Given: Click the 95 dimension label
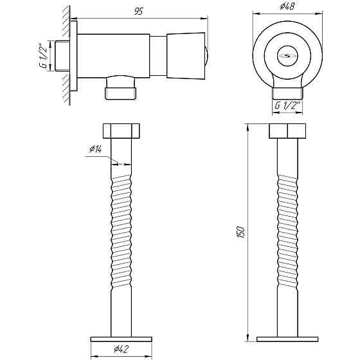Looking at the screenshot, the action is (x=139, y=12).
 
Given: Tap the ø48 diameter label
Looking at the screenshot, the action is (x=287, y=6).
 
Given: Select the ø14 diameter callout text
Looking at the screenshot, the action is (x=96, y=149).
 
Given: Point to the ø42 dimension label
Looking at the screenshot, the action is (x=122, y=349).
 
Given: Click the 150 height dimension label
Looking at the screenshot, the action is (x=241, y=232).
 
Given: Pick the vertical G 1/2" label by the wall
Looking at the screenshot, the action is (x=43, y=56).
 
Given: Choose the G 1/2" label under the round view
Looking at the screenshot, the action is (x=288, y=105).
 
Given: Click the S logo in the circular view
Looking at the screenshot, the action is (x=287, y=55).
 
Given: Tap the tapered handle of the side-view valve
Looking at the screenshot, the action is (x=186, y=56).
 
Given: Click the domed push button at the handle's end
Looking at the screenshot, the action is (x=206, y=56).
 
